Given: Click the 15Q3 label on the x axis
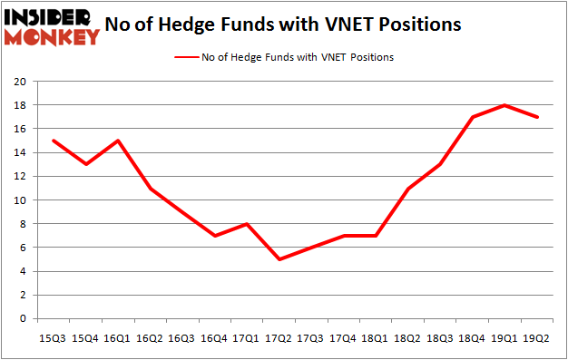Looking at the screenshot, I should (52, 338).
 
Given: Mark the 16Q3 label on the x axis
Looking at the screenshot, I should (181, 338).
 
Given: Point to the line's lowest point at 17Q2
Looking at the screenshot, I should (279, 259).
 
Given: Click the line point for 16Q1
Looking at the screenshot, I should (117, 141).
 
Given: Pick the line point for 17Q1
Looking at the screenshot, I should (247, 224).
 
